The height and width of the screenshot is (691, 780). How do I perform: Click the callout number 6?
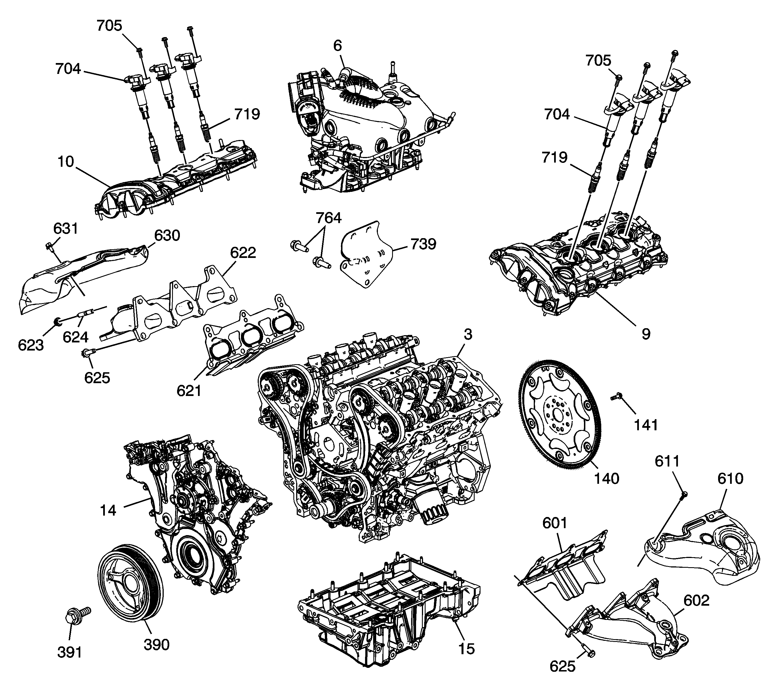click(337, 46)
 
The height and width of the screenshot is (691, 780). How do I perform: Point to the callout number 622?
click(243, 253)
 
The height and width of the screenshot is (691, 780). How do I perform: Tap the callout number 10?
click(66, 162)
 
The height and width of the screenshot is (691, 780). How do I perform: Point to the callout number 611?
click(667, 461)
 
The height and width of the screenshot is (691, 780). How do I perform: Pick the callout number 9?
click(645, 334)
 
